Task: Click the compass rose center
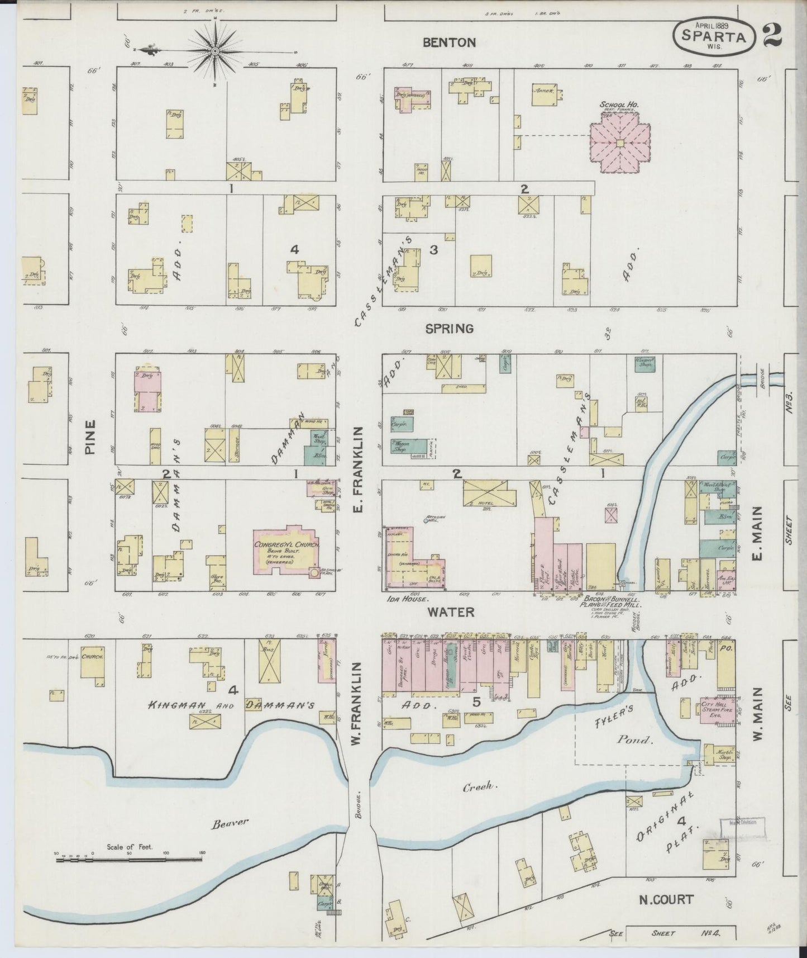(x=215, y=51)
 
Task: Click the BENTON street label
(x=449, y=42)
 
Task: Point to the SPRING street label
(x=449, y=329)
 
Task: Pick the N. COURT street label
(x=666, y=899)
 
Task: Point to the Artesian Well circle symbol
(x=427, y=521)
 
